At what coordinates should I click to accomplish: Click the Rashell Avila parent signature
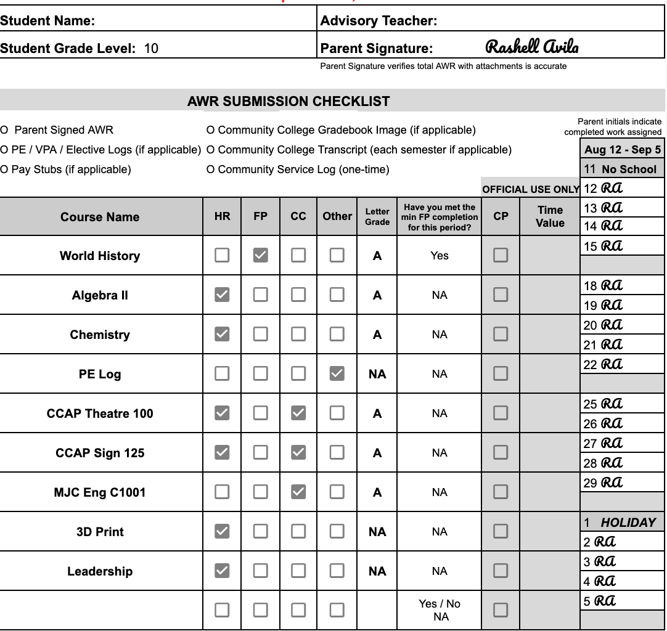pyautogui.click(x=532, y=47)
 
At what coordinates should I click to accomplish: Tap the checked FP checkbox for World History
pyautogui.click(x=261, y=255)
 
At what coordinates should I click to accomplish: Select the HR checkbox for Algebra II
pyautogui.click(x=222, y=295)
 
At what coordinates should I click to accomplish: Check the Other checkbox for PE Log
pyautogui.click(x=337, y=373)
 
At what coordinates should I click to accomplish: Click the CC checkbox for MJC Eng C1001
pyautogui.click(x=298, y=492)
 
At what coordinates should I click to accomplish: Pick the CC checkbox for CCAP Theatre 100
pyautogui.click(x=298, y=413)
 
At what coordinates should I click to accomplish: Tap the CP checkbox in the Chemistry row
pyautogui.click(x=501, y=334)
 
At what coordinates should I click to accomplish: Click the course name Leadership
pyautogui.click(x=100, y=571)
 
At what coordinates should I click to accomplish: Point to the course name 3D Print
pyautogui.click(x=100, y=532)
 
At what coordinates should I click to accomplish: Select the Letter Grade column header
pyautogui.click(x=377, y=216)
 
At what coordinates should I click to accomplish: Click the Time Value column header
pyautogui.click(x=550, y=216)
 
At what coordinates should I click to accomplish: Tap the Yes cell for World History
pyautogui.click(x=440, y=255)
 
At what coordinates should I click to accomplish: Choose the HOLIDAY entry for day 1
pyautogui.click(x=628, y=523)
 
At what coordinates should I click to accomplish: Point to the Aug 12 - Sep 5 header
pyautogui.click(x=623, y=150)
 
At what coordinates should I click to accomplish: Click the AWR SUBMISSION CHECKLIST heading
pyautogui.click(x=288, y=101)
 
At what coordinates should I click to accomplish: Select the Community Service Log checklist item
pyautogui.click(x=298, y=169)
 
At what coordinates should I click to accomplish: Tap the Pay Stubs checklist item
pyautogui.click(x=66, y=169)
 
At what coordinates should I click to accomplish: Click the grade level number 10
pyautogui.click(x=151, y=48)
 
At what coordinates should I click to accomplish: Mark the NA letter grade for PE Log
pyautogui.click(x=377, y=373)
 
